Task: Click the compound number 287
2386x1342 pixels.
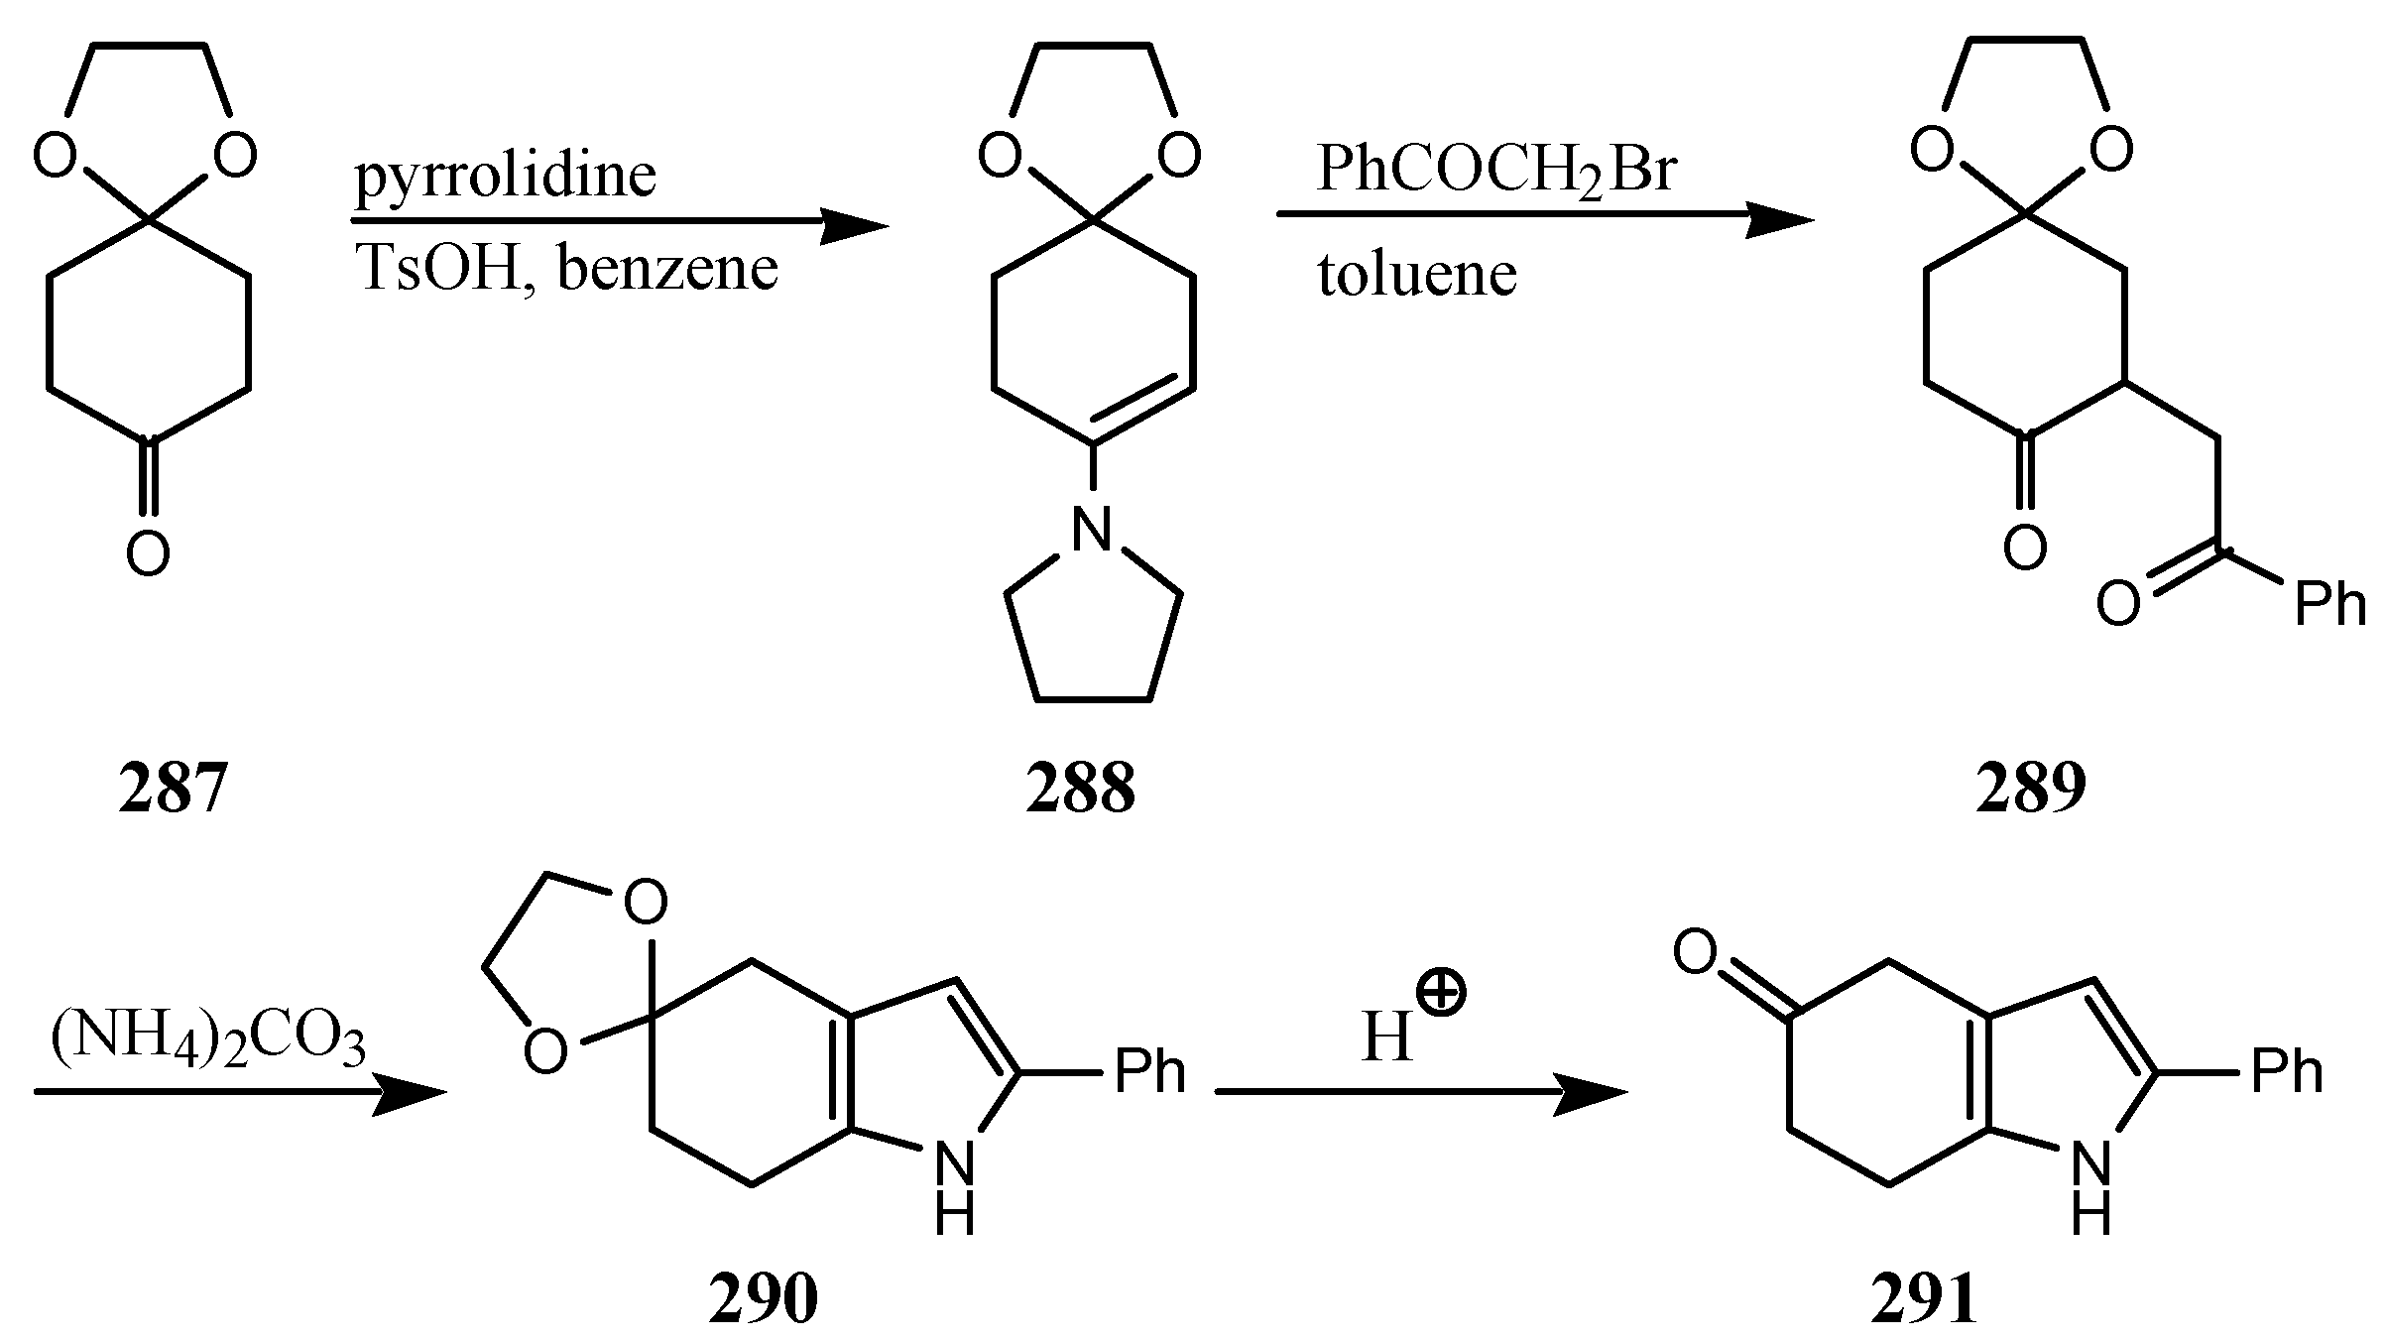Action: tap(174, 790)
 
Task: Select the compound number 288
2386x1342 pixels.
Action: tap(1080, 790)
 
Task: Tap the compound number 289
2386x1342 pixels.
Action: tap(2030, 790)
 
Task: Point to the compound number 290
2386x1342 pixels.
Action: tap(764, 1299)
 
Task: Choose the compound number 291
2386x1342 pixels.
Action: tap(1924, 1299)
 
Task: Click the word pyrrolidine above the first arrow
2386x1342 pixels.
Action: tap(506, 176)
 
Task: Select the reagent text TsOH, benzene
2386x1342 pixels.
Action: tap(567, 269)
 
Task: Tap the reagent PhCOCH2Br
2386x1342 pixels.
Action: tap(1495, 169)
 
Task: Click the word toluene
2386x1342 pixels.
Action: tap(1417, 275)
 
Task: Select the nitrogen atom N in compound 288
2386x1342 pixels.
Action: tap(1092, 528)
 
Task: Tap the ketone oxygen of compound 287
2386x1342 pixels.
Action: tap(148, 553)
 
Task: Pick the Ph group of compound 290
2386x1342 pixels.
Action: tap(1150, 1071)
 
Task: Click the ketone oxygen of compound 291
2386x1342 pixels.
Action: tap(1695, 952)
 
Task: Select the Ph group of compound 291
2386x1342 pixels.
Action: tap(2287, 1071)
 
